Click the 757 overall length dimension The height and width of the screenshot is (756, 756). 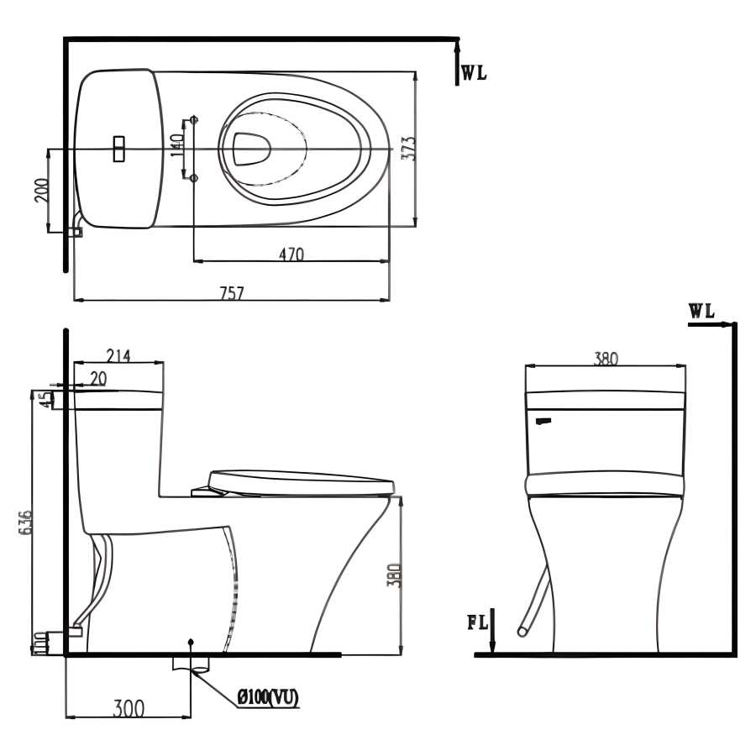[x=232, y=292]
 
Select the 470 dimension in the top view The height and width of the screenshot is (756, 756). [x=291, y=254]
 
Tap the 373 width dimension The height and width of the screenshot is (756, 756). [x=408, y=148]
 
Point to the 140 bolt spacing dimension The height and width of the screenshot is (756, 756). [x=177, y=144]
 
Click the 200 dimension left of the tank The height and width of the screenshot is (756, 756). [x=42, y=191]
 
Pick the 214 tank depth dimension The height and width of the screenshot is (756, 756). [x=118, y=356]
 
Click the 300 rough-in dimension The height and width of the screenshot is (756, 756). [x=129, y=708]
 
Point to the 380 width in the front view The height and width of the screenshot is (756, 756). [x=606, y=359]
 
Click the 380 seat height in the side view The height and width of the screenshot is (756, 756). [x=395, y=575]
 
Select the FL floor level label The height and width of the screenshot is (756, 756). [x=478, y=622]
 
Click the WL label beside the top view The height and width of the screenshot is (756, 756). [x=475, y=73]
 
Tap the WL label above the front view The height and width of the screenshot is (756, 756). [x=701, y=311]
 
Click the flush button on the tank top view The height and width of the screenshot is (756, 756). [x=118, y=149]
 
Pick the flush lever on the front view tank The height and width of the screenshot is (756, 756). [x=543, y=422]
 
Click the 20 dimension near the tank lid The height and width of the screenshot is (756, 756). [x=98, y=379]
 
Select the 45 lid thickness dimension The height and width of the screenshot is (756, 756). [x=45, y=401]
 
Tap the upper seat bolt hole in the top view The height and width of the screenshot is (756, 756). [x=194, y=118]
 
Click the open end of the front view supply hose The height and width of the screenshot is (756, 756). [x=522, y=631]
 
